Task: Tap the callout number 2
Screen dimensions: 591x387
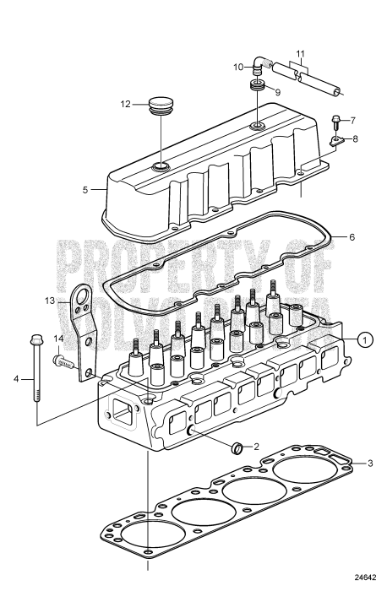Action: tap(257, 444)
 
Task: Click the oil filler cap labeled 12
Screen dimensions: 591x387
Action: tap(158, 106)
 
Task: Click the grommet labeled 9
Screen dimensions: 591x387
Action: tap(255, 88)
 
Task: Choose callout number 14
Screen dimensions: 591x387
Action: tap(59, 339)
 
